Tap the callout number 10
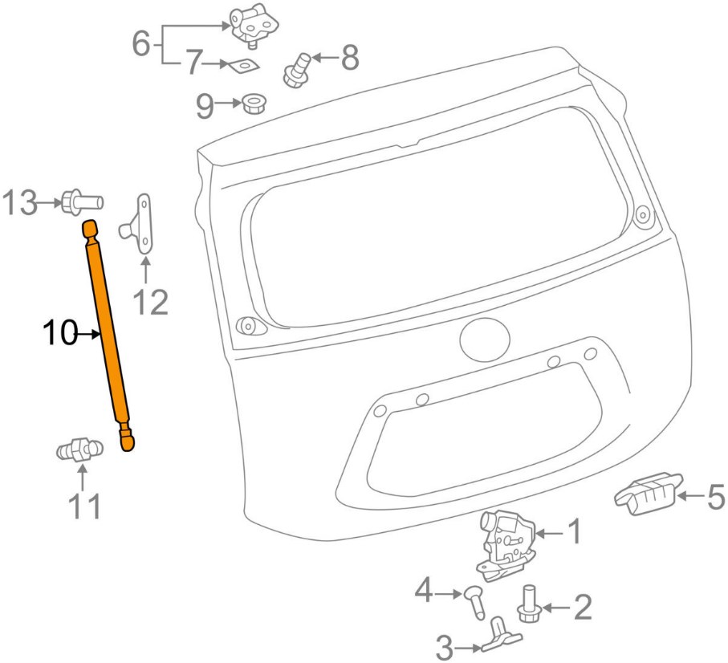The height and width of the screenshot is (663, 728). pyautogui.click(x=61, y=332)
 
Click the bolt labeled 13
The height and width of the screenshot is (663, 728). pyautogui.click(x=79, y=200)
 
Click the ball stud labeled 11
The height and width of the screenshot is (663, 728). pyautogui.click(x=79, y=451)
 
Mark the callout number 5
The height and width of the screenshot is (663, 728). pyautogui.click(x=714, y=497)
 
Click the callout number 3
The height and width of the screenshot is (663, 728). pyautogui.click(x=446, y=646)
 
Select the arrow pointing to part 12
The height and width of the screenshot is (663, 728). pyautogui.click(x=146, y=269)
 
